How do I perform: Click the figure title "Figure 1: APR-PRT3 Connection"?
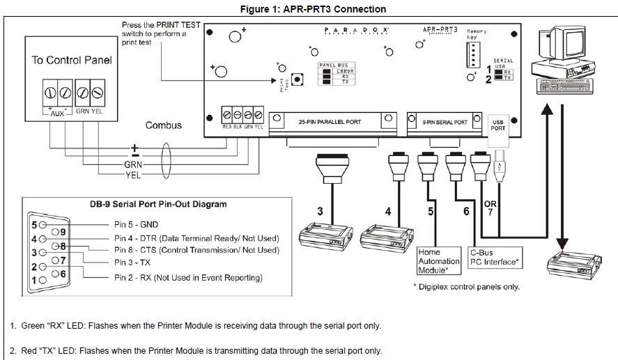(x=309, y=9)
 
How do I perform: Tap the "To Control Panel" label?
(x=72, y=60)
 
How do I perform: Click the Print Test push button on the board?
(x=298, y=80)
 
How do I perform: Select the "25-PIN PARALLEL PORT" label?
(x=329, y=122)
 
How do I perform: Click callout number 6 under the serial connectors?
(x=466, y=210)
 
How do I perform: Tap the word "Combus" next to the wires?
(x=164, y=125)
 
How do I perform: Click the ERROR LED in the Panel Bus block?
(x=325, y=71)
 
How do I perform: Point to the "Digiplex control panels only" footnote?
(x=466, y=286)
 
